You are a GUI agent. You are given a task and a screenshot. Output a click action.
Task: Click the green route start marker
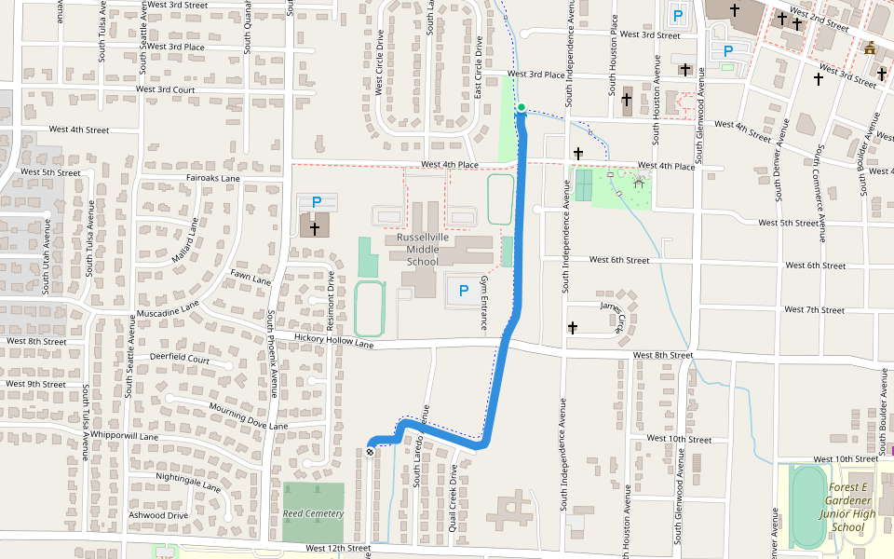click(x=521, y=107)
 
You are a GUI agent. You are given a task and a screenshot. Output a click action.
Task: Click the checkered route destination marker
click(x=371, y=452)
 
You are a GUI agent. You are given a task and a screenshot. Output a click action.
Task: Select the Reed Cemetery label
click(x=314, y=513)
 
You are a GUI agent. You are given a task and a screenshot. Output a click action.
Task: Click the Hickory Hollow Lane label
click(x=333, y=341)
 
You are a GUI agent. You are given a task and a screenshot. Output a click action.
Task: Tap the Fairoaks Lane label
click(x=213, y=178)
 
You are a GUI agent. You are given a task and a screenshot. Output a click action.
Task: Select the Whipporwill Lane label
click(x=124, y=436)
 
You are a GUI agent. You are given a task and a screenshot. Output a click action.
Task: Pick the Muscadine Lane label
click(x=168, y=306)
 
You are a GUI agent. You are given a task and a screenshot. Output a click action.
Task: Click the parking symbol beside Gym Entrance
click(x=463, y=291)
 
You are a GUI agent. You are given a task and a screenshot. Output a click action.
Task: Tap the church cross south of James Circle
click(x=573, y=328)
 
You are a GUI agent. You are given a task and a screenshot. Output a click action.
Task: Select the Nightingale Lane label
click(x=188, y=482)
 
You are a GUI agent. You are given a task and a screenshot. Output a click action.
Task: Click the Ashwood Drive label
click(x=158, y=515)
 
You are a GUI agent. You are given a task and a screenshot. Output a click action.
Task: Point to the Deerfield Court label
click(x=180, y=358)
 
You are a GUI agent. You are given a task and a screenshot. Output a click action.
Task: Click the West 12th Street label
click(x=337, y=549)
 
